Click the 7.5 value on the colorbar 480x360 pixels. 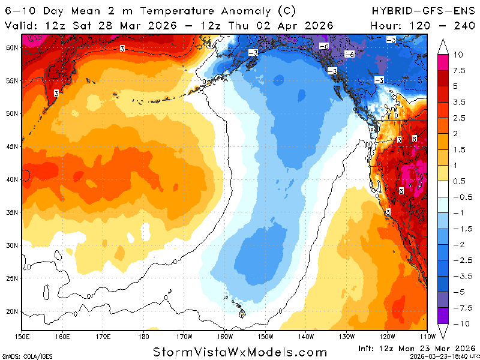(458, 70)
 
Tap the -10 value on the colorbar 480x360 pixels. (458, 323)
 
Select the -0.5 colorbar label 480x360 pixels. (460, 197)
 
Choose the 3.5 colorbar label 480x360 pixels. (458, 102)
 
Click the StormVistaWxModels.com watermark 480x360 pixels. (240, 352)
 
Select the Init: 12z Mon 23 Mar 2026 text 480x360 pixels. (420, 347)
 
